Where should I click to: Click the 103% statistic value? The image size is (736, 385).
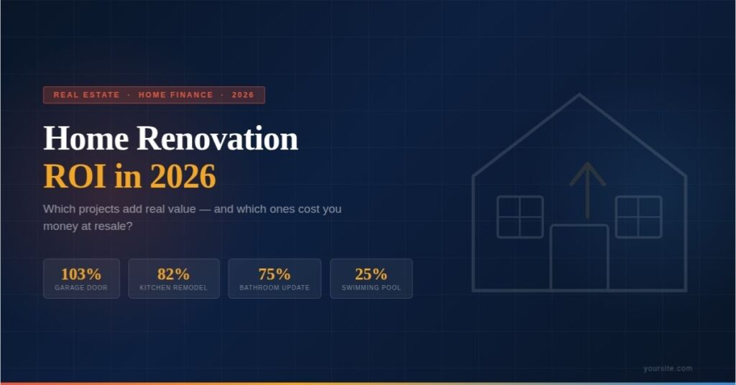pyautogui.click(x=81, y=274)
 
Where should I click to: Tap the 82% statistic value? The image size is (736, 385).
pyautogui.click(x=173, y=274)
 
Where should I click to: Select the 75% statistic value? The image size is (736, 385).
pyautogui.click(x=275, y=274)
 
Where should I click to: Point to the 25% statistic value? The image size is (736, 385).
pyautogui.click(x=371, y=274)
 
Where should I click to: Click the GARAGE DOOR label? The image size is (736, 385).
pyautogui.click(x=81, y=288)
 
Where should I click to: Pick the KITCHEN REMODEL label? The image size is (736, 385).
pyautogui.click(x=173, y=288)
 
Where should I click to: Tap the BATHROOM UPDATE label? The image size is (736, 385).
pyautogui.click(x=275, y=288)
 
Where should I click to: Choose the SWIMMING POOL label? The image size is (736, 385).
pyautogui.click(x=371, y=288)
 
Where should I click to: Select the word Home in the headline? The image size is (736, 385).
pyautogui.click(x=86, y=138)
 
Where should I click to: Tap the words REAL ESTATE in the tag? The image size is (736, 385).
pyautogui.click(x=86, y=95)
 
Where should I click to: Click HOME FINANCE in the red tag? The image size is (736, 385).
pyautogui.click(x=176, y=95)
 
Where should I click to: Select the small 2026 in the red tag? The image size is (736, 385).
pyautogui.click(x=243, y=95)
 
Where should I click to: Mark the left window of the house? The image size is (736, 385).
pyautogui.click(x=520, y=217)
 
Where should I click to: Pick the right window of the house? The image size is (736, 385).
pyautogui.click(x=638, y=217)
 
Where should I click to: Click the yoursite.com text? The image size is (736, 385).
pyautogui.click(x=668, y=368)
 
